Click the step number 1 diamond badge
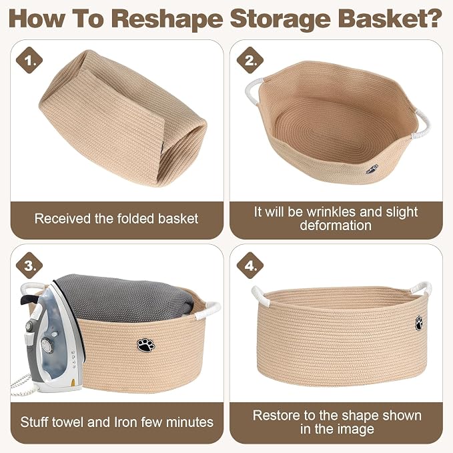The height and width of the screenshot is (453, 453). click(29, 60)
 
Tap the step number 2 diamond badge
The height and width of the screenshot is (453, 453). click(250, 60)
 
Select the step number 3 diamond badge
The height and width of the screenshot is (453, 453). click(29, 266)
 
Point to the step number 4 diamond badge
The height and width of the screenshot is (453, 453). click(250, 266)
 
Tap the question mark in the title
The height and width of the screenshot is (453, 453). click(434, 18)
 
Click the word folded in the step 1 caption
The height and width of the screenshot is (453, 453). click(135, 218)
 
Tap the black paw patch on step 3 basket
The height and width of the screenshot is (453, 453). click(146, 345)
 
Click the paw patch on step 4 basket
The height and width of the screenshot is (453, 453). click(419, 323)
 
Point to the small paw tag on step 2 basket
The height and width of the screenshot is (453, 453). click(372, 169)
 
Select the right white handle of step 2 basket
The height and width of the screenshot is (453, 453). click(423, 124)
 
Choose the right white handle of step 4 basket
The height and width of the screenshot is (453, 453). click(422, 289)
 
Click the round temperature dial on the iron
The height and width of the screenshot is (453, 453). click(46, 345)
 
